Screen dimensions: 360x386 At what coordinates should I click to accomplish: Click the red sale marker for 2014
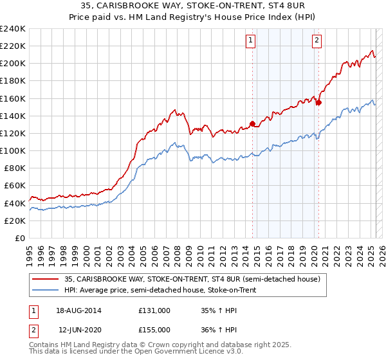click(x=252, y=123)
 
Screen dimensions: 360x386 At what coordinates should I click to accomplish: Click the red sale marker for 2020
click(x=318, y=102)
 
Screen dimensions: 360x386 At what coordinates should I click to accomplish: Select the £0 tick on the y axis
click(x=19, y=238)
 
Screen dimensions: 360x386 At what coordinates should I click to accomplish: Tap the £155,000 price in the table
click(x=154, y=330)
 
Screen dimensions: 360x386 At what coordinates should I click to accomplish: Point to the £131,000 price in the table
click(x=154, y=310)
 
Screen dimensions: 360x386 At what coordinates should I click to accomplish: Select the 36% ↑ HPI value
click(x=218, y=330)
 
